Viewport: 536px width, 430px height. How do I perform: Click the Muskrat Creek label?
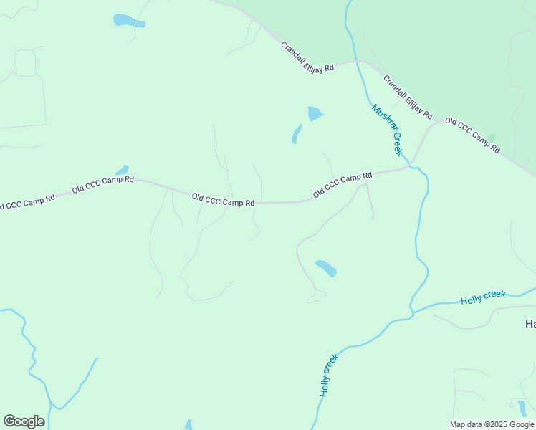pyautogui.click(x=388, y=130)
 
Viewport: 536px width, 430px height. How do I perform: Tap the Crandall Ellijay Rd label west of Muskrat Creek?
pyautogui.click(x=307, y=57)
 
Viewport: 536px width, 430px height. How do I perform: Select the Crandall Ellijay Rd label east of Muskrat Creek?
pyautogui.click(x=408, y=97)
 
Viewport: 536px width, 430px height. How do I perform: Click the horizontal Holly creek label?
pyautogui.click(x=483, y=297)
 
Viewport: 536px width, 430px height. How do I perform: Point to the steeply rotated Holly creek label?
pyautogui.click(x=328, y=376)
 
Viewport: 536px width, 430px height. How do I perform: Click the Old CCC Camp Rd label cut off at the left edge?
pyautogui.click(x=27, y=202)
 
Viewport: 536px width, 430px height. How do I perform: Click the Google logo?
pyautogui.click(x=24, y=421)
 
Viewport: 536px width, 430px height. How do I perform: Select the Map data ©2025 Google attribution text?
pyautogui.click(x=492, y=424)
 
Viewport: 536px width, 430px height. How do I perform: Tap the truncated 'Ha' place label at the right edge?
pyautogui.click(x=530, y=325)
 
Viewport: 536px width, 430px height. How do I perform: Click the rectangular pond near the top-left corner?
pyautogui.click(x=129, y=21)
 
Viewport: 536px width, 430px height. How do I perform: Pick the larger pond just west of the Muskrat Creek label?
pyautogui.click(x=315, y=113)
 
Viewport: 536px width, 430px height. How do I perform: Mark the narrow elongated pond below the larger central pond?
pyautogui.click(x=297, y=134)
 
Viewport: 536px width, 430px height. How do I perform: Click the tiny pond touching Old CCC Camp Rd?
pyautogui.click(x=123, y=171)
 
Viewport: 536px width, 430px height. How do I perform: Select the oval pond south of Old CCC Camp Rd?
pyautogui.click(x=326, y=268)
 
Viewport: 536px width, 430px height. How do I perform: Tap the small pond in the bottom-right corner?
pyautogui.click(x=522, y=408)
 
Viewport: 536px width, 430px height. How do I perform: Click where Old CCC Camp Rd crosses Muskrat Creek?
pyautogui.click(x=408, y=167)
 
